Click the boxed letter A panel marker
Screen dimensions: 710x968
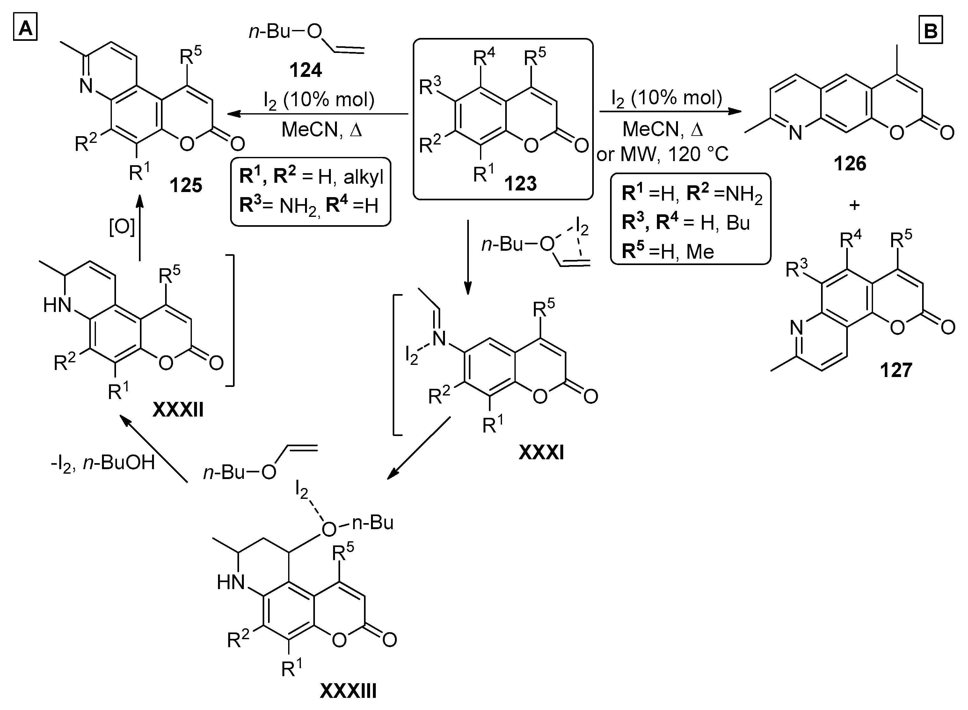tap(25, 29)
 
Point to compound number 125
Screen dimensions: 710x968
tap(186, 185)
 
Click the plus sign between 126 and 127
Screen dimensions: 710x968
tap(855, 205)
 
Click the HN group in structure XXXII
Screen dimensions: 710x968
tap(57, 305)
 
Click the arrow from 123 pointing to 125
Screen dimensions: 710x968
tap(318, 114)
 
